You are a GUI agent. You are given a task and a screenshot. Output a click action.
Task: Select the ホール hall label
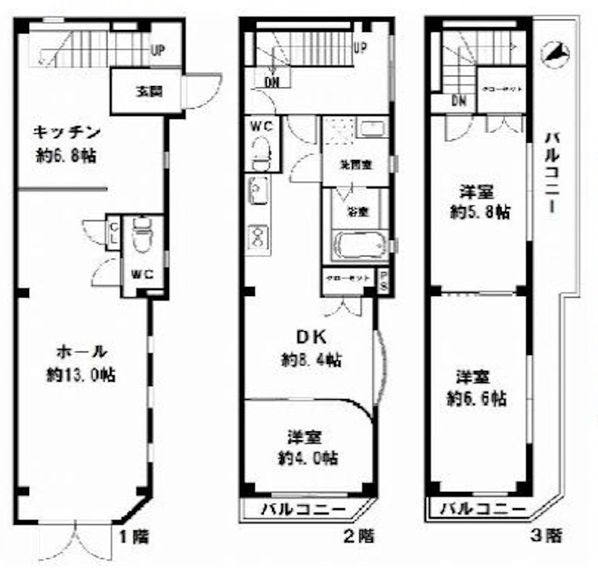(x=82, y=351)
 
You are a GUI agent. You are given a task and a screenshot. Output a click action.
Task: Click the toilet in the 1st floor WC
(x=141, y=237)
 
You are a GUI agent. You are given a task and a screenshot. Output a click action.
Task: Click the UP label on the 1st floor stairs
(x=158, y=51)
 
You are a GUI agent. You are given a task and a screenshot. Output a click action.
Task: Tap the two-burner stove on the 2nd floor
(x=258, y=238)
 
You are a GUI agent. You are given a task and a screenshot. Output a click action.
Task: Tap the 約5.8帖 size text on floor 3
(x=480, y=212)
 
